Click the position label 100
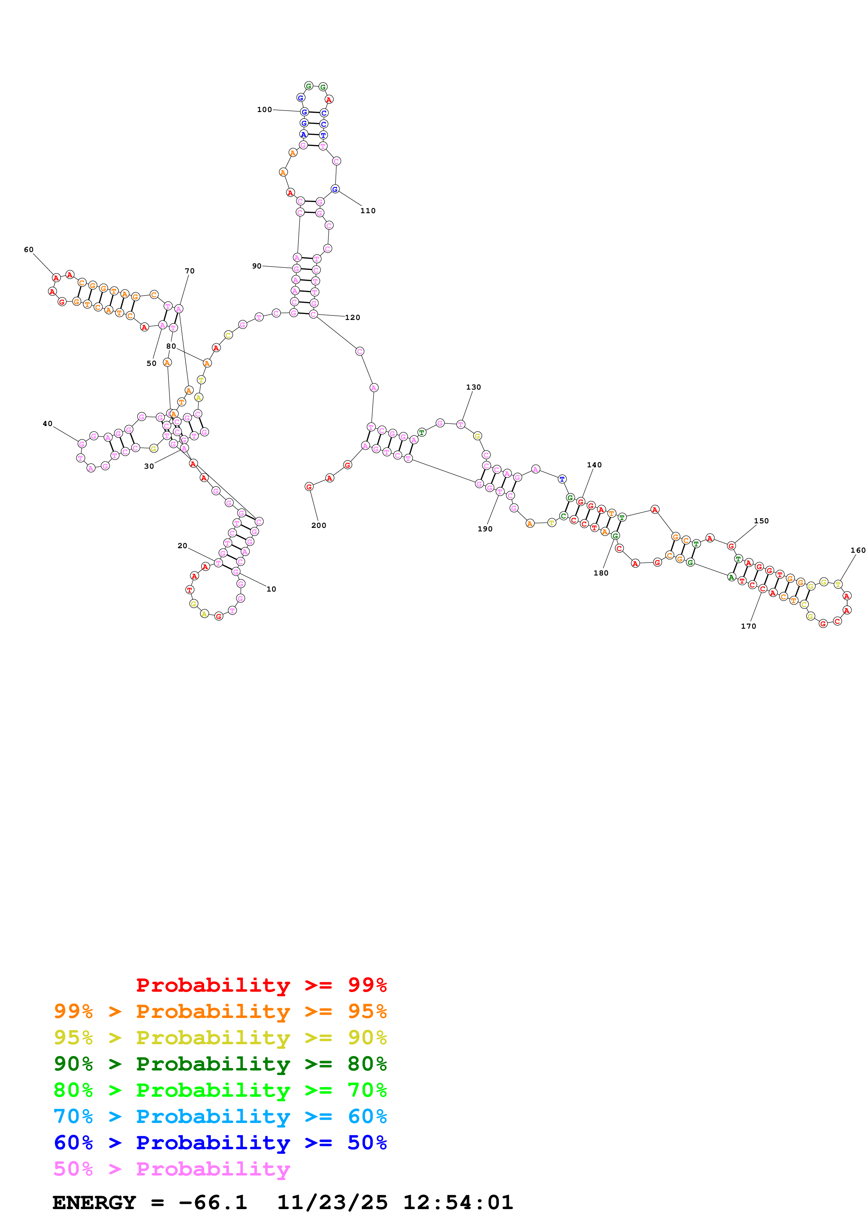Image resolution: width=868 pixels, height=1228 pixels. tap(264, 110)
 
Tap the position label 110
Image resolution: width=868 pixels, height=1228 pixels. tap(368, 211)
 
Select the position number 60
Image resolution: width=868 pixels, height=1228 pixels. tap(29, 250)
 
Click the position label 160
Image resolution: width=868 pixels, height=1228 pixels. tap(858, 550)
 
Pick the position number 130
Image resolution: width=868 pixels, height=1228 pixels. tap(473, 387)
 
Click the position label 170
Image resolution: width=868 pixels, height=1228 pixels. tap(748, 626)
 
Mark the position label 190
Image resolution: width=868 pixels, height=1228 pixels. tap(485, 529)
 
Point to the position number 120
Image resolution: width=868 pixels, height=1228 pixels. tap(353, 318)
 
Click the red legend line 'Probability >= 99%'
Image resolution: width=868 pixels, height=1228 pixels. tap(261, 985)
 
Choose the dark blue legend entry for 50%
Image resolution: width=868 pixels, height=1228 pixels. tap(220, 1143)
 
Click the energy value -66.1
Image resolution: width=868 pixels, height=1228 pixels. tap(213, 1202)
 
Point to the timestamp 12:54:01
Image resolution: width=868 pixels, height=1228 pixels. tap(458, 1202)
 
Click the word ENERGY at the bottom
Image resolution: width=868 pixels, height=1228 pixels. tap(94, 1202)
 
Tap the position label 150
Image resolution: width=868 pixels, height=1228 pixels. tap(761, 521)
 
